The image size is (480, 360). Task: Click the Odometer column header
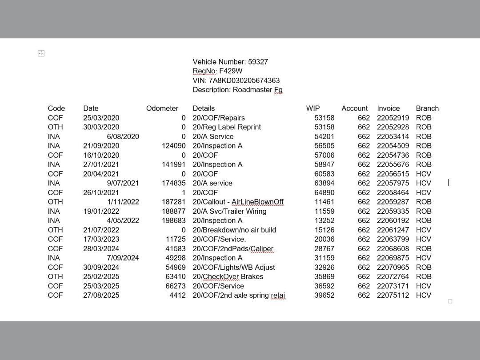(162, 108)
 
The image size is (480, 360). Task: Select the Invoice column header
(388, 108)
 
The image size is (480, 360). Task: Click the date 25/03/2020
(101, 118)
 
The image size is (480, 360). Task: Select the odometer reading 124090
(173, 146)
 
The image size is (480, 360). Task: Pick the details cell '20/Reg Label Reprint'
(227, 127)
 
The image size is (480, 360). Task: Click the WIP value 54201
(324, 136)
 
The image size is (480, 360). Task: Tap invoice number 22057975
(392, 183)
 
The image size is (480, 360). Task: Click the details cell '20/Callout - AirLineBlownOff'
(238, 202)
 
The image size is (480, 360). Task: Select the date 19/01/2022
(101, 211)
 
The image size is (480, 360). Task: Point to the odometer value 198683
(173, 220)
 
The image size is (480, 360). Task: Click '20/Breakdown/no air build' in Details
(234, 230)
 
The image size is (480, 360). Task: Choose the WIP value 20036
(324, 239)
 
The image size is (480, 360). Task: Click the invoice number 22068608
(392, 248)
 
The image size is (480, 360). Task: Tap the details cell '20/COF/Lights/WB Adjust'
(234, 267)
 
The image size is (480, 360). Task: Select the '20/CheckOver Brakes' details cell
(228, 276)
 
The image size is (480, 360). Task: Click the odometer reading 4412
(177, 295)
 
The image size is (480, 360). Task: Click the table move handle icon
(41, 53)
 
